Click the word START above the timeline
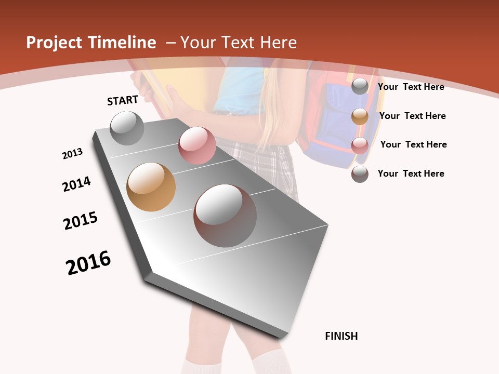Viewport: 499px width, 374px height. point(123,100)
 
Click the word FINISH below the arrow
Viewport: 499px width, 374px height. point(342,336)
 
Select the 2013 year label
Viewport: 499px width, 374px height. point(72,154)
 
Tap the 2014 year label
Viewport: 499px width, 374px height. point(76,184)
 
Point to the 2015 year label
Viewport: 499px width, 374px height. point(81,221)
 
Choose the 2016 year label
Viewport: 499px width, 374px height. point(88,263)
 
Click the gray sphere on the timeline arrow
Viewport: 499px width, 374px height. point(127,128)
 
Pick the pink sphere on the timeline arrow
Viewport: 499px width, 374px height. point(197,145)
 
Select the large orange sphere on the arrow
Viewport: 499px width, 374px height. point(151,187)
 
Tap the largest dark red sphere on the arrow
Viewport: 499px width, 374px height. point(225,216)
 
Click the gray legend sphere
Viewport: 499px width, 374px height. point(360,87)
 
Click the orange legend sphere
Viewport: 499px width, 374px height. point(360,116)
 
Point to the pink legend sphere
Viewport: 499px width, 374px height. point(360,145)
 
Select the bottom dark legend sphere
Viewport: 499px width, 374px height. point(360,174)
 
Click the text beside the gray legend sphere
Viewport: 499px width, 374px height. point(411,87)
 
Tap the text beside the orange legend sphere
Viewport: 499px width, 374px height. point(412,116)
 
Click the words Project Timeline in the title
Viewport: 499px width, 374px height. point(91,43)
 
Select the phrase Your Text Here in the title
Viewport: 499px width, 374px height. point(238,43)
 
